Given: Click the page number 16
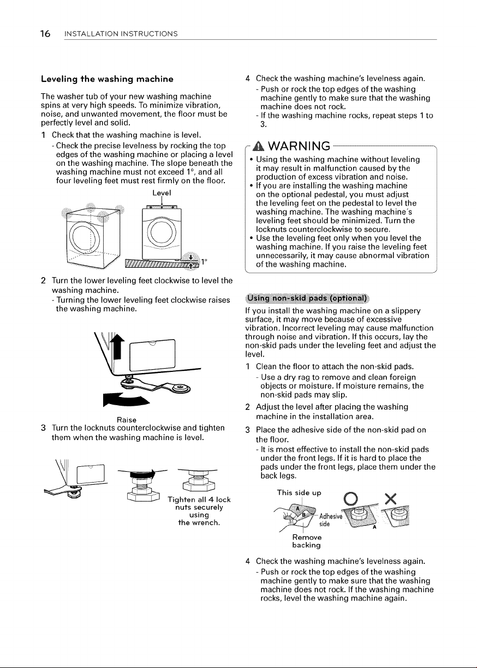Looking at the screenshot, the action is (x=45, y=34).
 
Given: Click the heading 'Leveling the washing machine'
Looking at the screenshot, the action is (x=107, y=79).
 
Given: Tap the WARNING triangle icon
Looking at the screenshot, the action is (x=259, y=146).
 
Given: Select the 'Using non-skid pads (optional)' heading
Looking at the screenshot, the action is (x=307, y=298).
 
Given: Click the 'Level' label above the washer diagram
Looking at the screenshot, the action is (x=162, y=193).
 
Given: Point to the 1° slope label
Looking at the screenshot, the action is (x=204, y=262).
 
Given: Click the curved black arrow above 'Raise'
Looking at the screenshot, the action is (x=126, y=399).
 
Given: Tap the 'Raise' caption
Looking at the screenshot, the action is (x=127, y=420).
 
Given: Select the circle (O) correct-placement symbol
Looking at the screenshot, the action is (x=351, y=498).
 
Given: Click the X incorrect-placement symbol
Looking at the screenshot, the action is (x=390, y=498).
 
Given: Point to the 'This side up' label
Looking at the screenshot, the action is (x=299, y=492).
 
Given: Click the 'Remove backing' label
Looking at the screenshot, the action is (x=307, y=541).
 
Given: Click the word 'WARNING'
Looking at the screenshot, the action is (x=299, y=146).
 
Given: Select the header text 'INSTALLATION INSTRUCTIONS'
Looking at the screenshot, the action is (x=121, y=34).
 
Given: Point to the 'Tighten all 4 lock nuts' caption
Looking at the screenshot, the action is (x=199, y=511).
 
